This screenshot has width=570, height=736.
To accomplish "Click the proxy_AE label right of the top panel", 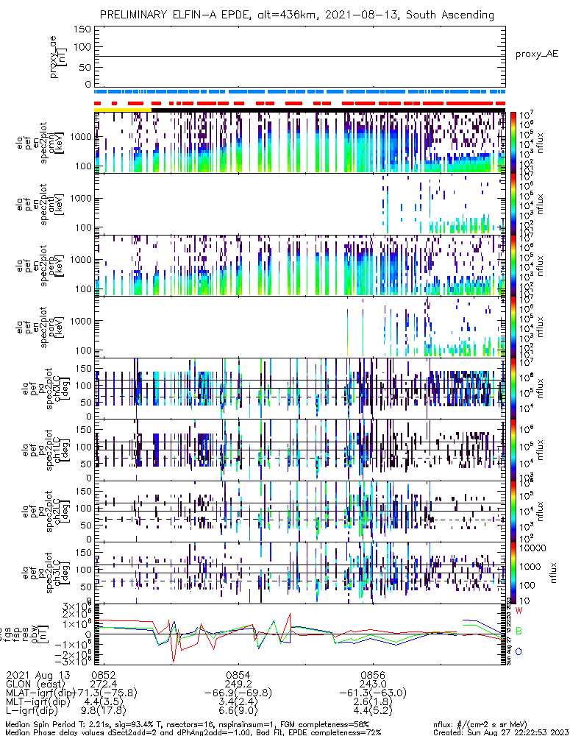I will click(x=536, y=55).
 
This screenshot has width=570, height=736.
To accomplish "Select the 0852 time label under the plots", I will click(x=103, y=674).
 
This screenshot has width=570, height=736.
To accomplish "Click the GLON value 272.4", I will click(x=103, y=684).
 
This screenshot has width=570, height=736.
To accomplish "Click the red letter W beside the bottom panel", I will click(x=519, y=611).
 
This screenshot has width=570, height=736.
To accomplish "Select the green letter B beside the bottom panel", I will click(x=519, y=631).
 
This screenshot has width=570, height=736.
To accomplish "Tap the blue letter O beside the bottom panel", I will click(x=519, y=651).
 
